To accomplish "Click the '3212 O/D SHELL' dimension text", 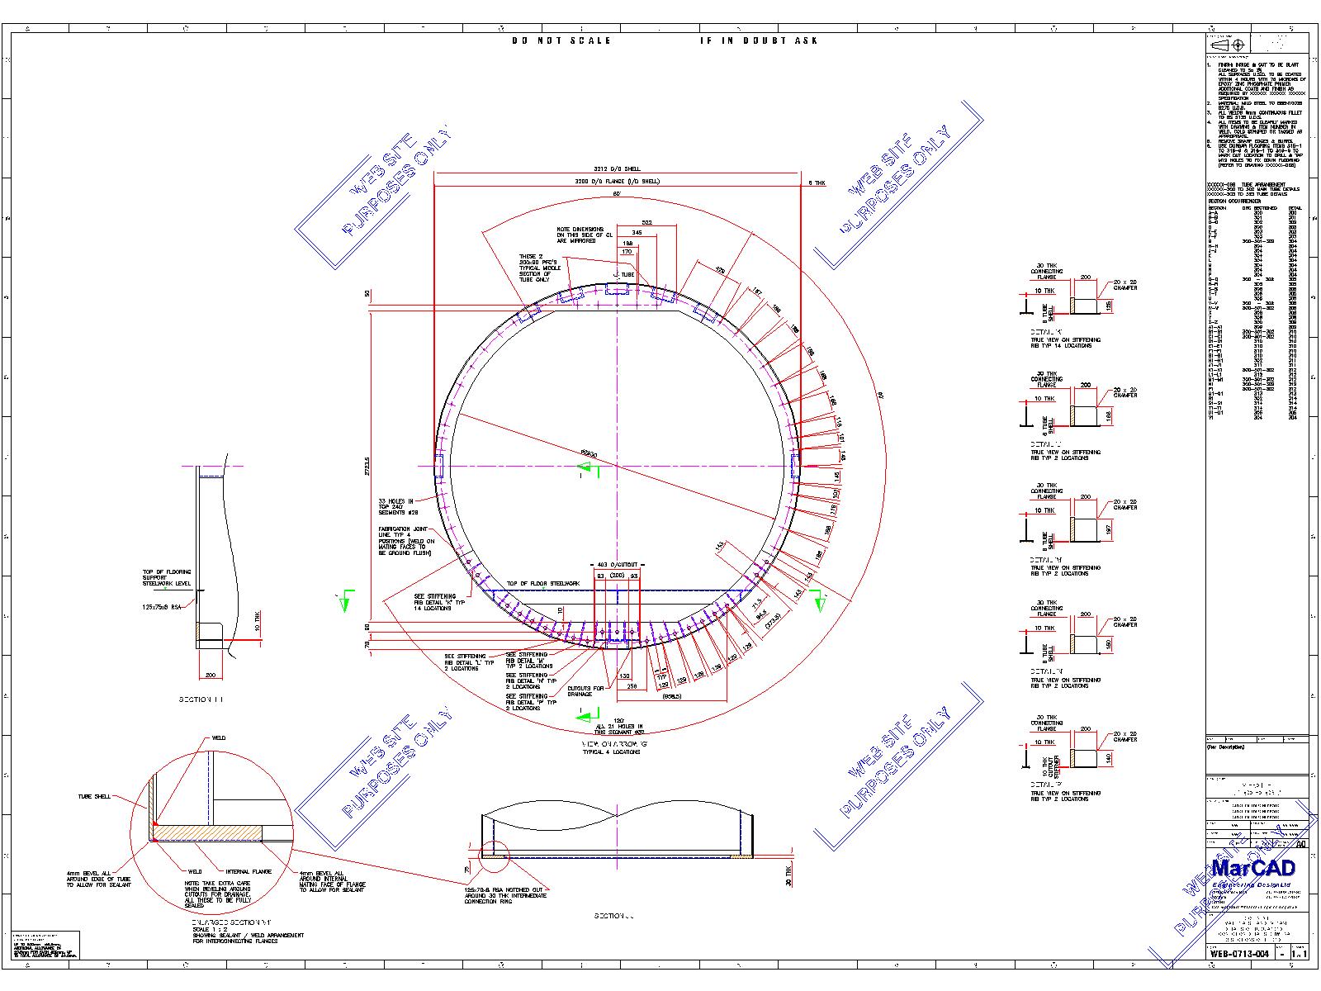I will point(617,170).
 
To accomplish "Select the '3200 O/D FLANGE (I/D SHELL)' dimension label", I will point(618,181).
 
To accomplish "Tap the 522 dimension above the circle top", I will point(646,223).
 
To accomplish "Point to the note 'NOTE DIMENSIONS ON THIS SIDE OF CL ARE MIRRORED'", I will point(581,235).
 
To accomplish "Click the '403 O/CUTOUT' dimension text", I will point(617,565).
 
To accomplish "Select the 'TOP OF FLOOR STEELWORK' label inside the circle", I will point(543,583).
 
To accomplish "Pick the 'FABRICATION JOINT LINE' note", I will point(406,541).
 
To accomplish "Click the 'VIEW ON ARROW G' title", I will point(615,744).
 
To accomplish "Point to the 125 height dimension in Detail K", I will point(1109,306).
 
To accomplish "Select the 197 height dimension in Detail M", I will point(1109,529).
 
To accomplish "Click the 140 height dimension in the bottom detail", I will point(1109,758).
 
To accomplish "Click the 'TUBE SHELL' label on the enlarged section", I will point(94,797).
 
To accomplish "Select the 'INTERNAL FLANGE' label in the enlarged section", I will point(249,870).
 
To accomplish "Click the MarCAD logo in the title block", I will point(1253,868).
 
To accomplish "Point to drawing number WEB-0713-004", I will point(1239,953).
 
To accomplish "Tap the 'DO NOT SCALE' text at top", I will point(561,40).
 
